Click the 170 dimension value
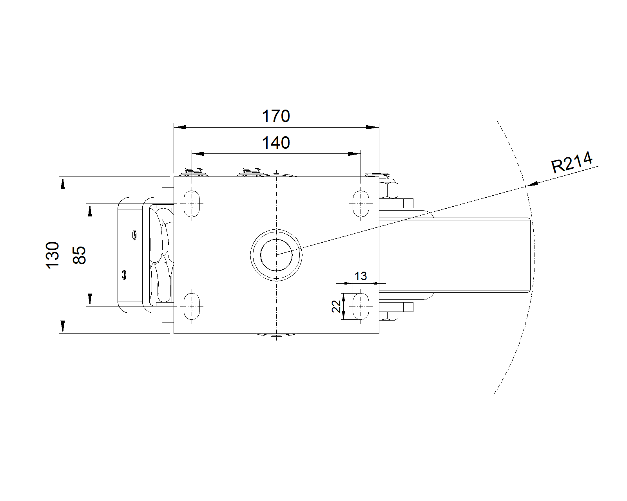click(x=276, y=116)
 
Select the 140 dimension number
click(x=276, y=142)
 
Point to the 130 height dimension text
click(x=53, y=255)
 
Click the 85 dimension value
click(x=79, y=255)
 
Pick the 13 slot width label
click(x=361, y=276)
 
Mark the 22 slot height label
click(x=336, y=306)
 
